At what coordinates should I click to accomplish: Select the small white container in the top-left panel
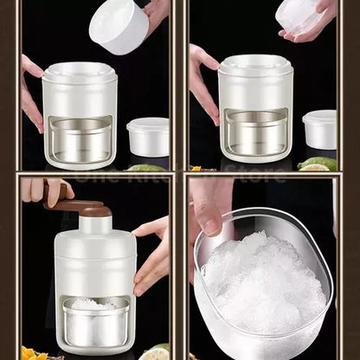pos(147,137)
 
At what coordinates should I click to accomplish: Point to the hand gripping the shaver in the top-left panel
pos(31,91)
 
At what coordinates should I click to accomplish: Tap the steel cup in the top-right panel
pos(254,132)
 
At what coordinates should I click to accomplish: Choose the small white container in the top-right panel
pos(319,129)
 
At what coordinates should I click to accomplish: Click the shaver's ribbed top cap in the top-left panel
pos(80,71)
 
